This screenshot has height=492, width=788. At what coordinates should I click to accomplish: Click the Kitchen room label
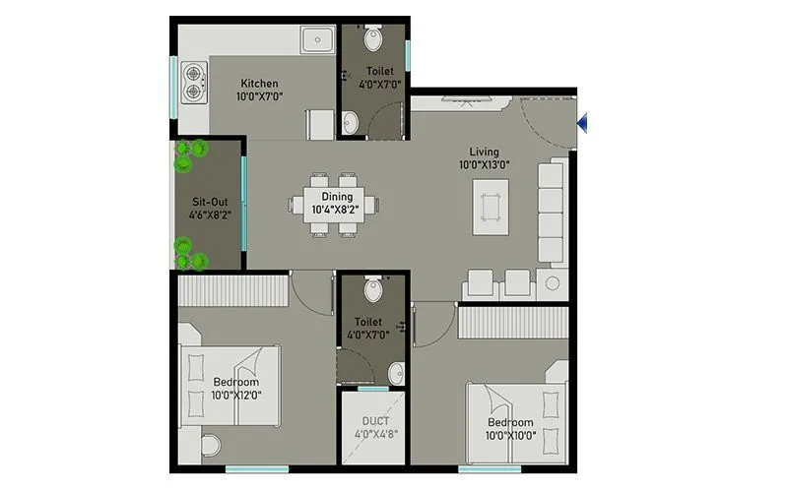[259, 84]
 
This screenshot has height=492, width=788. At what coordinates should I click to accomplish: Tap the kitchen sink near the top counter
[318, 40]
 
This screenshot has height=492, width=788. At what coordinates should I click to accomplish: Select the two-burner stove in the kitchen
[193, 83]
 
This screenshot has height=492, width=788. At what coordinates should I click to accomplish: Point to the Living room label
[484, 152]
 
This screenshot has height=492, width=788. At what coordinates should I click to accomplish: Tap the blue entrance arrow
[584, 122]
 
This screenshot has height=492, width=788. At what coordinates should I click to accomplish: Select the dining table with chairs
[326, 205]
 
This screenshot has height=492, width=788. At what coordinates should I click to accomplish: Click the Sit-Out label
[209, 202]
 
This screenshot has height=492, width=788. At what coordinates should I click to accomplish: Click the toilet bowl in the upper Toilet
[372, 39]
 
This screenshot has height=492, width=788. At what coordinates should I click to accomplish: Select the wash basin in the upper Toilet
[351, 123]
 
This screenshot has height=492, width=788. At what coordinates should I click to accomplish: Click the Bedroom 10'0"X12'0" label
[235, 382]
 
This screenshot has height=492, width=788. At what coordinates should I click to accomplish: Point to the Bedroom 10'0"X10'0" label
[509, 424]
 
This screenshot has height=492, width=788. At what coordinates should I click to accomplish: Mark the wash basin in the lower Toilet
[395, 373]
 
